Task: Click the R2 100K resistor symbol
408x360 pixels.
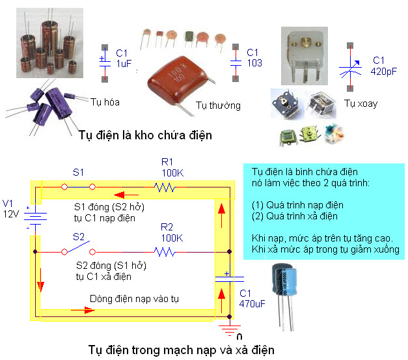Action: [x=167, y=251]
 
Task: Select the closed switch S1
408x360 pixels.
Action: [x=78, y=187]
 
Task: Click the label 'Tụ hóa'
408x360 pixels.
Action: [x=107, y=102]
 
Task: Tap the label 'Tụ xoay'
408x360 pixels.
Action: [x=360, y=104]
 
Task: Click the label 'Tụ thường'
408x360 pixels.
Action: [x=218, y=105]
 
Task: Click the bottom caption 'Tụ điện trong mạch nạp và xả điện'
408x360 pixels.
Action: [x=181, y=350]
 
